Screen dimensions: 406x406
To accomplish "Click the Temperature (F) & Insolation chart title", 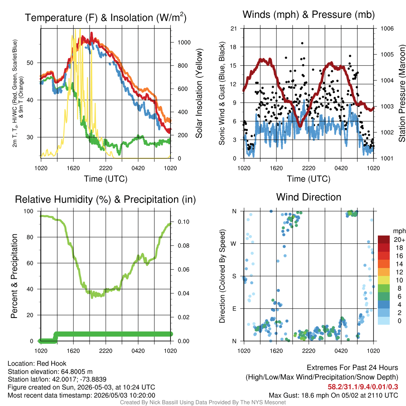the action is coord(105,17).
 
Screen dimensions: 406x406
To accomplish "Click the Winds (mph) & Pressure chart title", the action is coord(308,15).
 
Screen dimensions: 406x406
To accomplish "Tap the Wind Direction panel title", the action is coord(308,197).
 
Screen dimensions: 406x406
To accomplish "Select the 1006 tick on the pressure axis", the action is coord(387,29).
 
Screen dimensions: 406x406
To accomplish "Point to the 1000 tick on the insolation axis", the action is coord(184,42).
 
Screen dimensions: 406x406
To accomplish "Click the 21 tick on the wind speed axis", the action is coord(234,29).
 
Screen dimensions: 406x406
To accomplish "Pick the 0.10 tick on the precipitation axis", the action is coord(183,222).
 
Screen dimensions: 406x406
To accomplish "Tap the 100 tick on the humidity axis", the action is coord(29,211).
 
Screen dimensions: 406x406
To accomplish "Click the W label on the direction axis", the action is coord(234,244).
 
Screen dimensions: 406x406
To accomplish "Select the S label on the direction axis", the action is coord(234,276).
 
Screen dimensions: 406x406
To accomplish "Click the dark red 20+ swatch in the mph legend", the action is coord(384,239).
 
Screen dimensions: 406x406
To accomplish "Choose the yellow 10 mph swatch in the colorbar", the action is coord(384,280).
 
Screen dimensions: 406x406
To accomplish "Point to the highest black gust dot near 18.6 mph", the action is coord(302,43).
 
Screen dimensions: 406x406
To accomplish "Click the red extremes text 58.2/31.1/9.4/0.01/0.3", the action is coord(363,387).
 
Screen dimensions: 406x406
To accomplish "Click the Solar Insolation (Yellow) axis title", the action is coord(199,94).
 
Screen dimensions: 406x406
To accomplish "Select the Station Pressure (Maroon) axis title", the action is coord(402,93).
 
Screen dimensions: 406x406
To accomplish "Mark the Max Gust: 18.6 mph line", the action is coord(333,395).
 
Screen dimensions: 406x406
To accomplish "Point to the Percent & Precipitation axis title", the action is coord(14,276).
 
